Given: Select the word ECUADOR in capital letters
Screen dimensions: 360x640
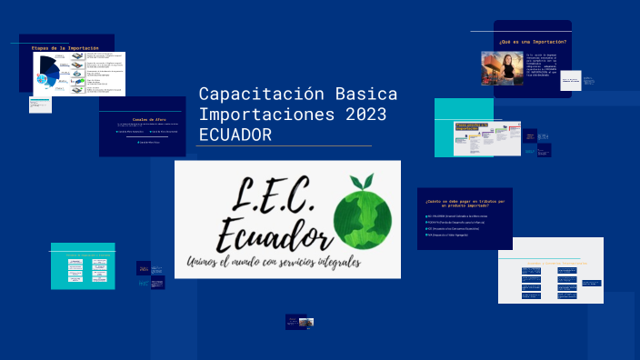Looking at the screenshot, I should point(235,135).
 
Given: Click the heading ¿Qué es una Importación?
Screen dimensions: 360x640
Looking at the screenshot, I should point(533,42).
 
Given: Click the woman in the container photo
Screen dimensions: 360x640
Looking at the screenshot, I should point(502,67).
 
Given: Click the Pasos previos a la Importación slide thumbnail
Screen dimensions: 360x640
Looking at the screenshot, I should point(486,137).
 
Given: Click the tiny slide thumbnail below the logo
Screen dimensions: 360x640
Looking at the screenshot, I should point(300,322).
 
